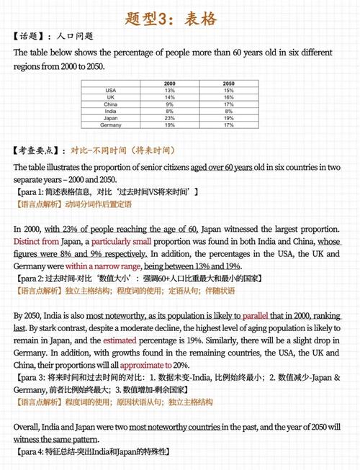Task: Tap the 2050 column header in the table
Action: [x=228, y=83]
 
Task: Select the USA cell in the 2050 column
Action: [x=228, y=90]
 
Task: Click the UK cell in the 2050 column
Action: [x=228, y=96]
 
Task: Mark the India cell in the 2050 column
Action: [x=228, y=111]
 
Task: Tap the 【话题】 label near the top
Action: [x=32, y=36]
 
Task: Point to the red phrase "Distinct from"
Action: [x=36, y=241]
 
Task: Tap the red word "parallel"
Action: [x=255, y=316]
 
